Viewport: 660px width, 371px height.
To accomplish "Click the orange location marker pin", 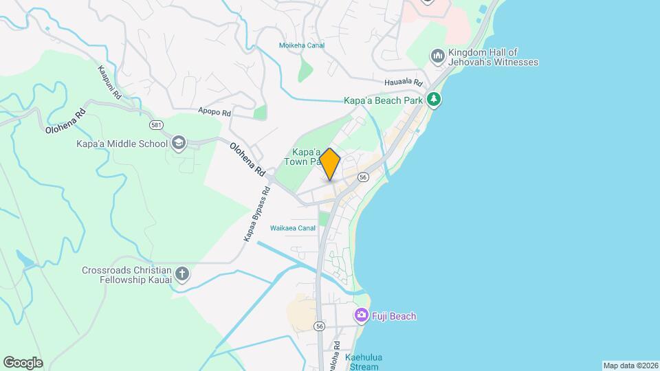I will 330,164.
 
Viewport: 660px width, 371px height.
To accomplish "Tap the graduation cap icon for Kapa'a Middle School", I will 179,144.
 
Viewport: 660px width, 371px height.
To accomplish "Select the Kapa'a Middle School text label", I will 122,144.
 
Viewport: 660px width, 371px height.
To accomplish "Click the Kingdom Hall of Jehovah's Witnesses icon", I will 438,56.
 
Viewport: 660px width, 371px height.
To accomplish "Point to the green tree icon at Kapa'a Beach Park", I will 433,100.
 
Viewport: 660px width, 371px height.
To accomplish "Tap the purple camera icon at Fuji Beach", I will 361,316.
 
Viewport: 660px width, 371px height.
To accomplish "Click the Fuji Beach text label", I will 395,316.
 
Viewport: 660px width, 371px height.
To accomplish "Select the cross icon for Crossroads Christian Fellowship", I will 182,275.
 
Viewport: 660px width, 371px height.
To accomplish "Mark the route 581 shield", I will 157,125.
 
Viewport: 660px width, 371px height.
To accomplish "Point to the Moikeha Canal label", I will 301,45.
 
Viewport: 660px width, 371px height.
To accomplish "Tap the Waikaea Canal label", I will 293,228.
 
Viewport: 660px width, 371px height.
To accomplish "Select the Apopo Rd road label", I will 214,111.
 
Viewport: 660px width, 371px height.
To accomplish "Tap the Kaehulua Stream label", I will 364,361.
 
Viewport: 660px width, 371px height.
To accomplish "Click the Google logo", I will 23,362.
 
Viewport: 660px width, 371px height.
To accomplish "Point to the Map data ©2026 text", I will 629,366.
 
